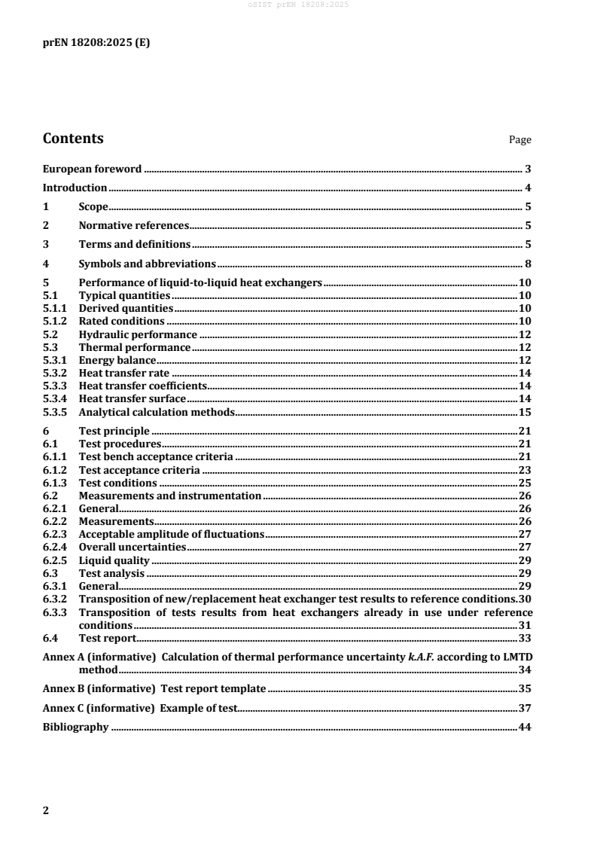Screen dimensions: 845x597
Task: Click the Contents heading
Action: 73,139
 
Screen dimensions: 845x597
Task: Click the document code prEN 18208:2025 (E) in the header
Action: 96,43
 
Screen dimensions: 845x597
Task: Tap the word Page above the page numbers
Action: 520,140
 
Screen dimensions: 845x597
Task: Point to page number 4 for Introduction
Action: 529,188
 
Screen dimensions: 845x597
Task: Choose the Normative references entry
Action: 133,225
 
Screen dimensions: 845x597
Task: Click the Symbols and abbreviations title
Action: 147,264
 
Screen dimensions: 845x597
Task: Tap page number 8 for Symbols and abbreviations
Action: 529,264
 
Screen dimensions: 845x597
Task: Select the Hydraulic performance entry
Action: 138,334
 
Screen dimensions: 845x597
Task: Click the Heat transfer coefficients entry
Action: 142,386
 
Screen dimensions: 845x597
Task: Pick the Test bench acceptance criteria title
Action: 155,457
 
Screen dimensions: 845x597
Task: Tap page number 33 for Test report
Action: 526,638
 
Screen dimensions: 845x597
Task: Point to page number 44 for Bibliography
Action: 526,728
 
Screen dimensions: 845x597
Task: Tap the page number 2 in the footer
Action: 46,810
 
